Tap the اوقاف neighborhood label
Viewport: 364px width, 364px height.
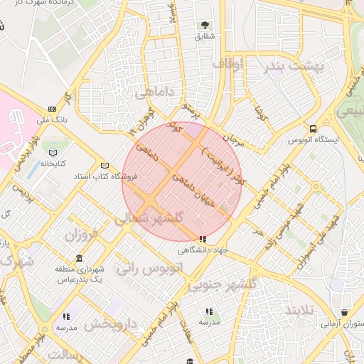click(x=227, y=65)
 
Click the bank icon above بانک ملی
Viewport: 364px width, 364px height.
click(x=52, y=109)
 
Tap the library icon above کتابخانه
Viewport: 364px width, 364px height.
click(x=52, y=151)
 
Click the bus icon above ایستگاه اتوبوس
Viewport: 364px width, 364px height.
click(x=313, y=129)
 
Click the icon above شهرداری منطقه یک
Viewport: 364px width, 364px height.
click(x=79, y=259)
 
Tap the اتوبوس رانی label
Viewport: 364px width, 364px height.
click(x=154, y=270)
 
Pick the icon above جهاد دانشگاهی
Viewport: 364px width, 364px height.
click(x=203, y=240)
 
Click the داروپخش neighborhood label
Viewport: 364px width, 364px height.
click(x=109, y=325)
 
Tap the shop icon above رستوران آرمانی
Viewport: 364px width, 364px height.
click(x=345, y=313)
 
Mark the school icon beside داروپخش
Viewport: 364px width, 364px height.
click(x=66, y=316)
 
